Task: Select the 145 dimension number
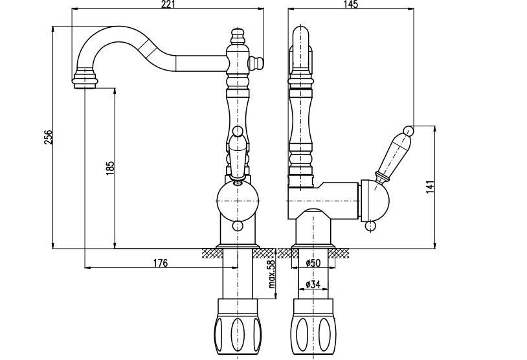coord(352,5)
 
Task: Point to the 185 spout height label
coord(110,168)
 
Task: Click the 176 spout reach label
coord(161,262)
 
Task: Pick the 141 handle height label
coord(431,186)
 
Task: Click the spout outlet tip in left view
coord(86,82)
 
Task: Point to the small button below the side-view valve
coord(371,226)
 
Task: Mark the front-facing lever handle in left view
coord(237,152)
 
